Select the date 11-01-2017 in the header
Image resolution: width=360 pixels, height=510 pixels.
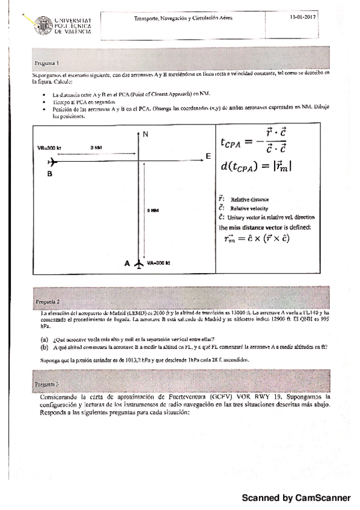[303, 18]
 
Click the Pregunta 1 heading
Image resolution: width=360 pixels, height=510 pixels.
[46, 62]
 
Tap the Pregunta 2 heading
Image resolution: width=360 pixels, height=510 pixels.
[47, 300]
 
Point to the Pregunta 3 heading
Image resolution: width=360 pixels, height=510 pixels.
[46, 382]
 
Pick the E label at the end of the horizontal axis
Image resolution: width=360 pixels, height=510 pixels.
[208, 156]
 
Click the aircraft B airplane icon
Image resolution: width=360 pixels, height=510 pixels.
[52, 162]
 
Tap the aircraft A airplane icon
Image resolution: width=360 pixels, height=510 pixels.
[139, 263]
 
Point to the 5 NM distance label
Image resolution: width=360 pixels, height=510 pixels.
[153, 210]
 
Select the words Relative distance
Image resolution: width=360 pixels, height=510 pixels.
[249, 199]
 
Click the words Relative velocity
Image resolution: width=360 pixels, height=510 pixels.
[249, 208]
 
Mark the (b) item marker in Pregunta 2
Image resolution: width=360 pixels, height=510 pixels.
[44, 347]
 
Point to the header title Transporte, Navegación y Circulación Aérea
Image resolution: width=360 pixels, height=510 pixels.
[183, 19]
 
